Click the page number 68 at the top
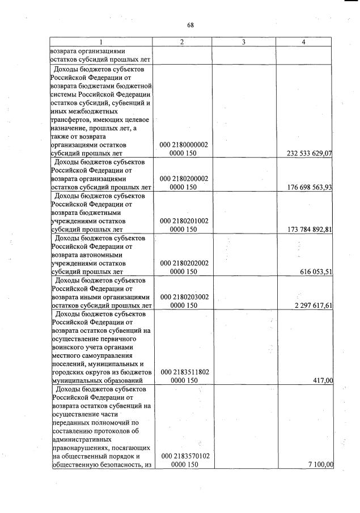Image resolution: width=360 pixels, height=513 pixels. click(190, 25)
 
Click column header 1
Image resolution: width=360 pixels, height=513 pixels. click(101, 42)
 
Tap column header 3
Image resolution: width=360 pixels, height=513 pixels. click(243, 42)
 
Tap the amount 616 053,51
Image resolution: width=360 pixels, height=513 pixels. click(316, 272)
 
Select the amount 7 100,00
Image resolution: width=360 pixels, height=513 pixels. click(320, 465)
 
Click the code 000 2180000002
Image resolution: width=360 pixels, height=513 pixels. click(184, 145)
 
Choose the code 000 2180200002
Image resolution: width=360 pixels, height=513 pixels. click(184, 179)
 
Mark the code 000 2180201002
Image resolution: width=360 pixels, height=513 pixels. click(184, 221)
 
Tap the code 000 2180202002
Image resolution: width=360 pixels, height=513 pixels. click(184, 264)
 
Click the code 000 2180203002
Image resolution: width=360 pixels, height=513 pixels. click(184, 297)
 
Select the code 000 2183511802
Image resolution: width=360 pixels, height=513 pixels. click(184, 372)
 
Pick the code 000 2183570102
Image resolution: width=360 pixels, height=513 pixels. click(184, 456)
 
